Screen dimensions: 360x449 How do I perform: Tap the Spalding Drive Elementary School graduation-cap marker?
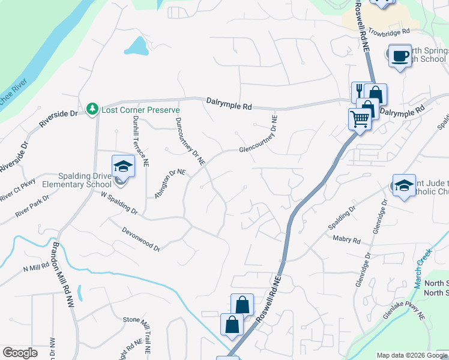click(x=122, y=166)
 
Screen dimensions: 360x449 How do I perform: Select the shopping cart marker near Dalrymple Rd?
click(x=359, y=119)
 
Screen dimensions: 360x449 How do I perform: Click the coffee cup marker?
click(x=400, y=56)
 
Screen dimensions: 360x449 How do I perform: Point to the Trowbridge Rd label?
click(x=388, y=31)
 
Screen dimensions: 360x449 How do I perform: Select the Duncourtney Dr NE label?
click(x=190, y=140)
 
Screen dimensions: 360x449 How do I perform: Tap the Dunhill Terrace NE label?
click(x=139, y=140)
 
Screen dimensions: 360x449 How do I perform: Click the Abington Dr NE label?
click(x=170, y=183)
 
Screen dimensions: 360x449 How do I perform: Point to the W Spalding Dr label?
click(x=119, y=203)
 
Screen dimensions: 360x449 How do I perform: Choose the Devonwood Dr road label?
click(x=141, y=238)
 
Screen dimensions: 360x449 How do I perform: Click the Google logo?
click(x=20, y=353)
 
